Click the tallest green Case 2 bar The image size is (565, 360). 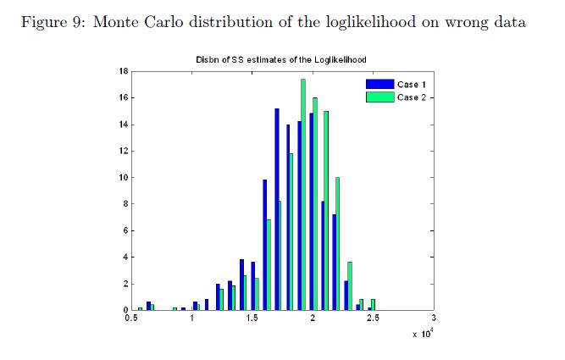[302, 195]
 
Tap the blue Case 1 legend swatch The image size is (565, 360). [379, 86]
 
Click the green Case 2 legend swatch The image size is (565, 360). [379, 97]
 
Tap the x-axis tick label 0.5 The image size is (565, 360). [131, 319]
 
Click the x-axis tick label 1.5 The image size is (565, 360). [252, 319]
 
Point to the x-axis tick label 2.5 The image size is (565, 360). [372, 319]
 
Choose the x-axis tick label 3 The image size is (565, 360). [433, 319]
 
